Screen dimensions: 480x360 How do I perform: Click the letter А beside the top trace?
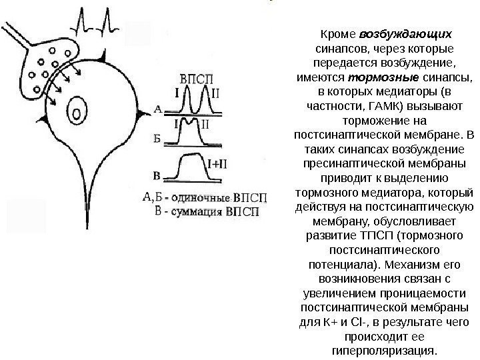point(158,107)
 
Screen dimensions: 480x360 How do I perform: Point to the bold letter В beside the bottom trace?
point(157,177)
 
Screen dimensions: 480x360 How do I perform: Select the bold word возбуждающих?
point(405,33)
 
